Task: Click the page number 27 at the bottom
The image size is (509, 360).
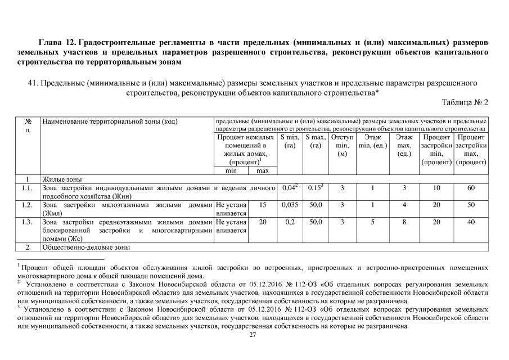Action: pyautogui.click(x=253, y=335)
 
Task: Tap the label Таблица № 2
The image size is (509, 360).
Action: pyautogui.click(x=465, y=102)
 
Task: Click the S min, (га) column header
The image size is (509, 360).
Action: pyautogui.click(x=290, y=141)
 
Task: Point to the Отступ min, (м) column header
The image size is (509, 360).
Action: pyautogui.click(x=342, y=146)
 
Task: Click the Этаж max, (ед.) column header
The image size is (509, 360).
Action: pyautogui.click(x=404, y=146)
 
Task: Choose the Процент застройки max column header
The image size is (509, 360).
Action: pyautogui.click(x=471, y=150)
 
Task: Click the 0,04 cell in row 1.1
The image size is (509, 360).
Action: pyautogui.click(x=289, y=187)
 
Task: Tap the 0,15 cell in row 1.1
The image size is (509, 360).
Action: pyautogui.click(x=314, y=187)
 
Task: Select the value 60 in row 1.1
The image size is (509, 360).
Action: pyautogui.click(x=471, y=188)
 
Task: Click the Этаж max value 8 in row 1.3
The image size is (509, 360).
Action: pyautogui.click(x=404, y=222)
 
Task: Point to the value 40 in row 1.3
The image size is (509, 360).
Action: pyautogui.click(x=471, y=222)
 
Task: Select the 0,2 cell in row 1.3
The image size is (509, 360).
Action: pyautogui.click(x=290, y=222)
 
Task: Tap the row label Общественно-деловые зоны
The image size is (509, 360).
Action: pyautogui.click(x=86, y=247)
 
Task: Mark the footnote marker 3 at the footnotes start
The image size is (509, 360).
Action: pyautogui.click(x=19, y=307)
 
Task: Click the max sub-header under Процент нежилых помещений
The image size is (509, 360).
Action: pyautogui.click(x=263, y=170)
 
